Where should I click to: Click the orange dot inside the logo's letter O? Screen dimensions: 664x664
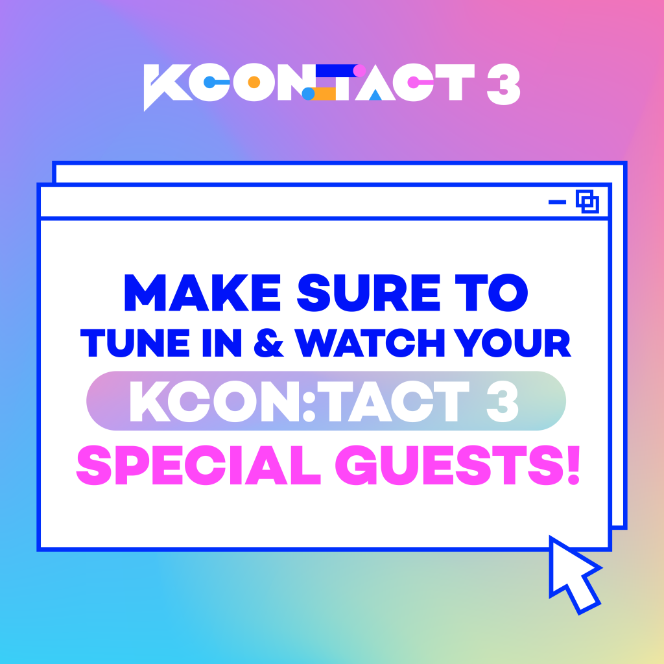tap(254, 82)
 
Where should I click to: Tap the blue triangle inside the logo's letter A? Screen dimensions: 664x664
tap(375, 95)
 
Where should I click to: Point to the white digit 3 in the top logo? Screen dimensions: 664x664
tap(503, 84)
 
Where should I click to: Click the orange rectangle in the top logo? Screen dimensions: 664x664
tap(325, 93)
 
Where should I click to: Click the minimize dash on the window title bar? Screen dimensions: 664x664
tap(557, 202)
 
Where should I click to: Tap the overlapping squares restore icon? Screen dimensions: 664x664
tap(587, 202)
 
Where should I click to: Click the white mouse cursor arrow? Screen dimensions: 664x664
tap(574, 574)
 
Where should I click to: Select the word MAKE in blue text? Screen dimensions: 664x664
tap(202, 292)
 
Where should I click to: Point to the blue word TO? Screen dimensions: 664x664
tap(492, 292)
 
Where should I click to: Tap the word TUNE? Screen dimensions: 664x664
tap(135, 342)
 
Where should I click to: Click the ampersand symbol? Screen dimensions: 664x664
tap(268, 342)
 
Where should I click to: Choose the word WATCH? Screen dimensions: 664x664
tap(370, 342)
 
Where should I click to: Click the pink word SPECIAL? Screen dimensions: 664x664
tap(198, 464)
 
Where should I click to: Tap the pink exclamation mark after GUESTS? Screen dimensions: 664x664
tap(573, 465)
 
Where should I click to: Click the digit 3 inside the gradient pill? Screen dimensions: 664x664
tap(503, 401)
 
